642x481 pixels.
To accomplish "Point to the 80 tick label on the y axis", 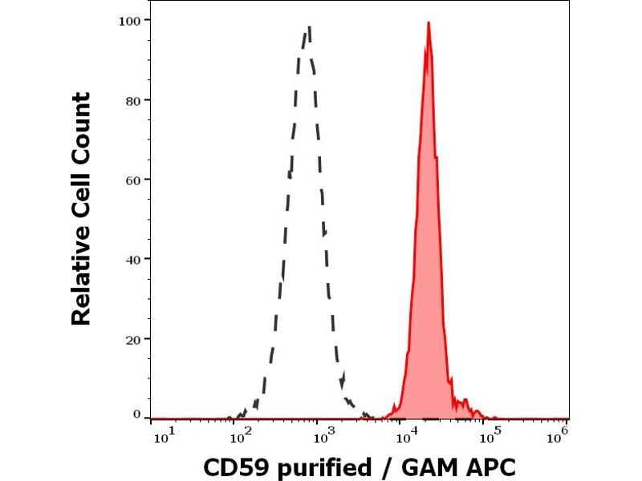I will (133, 100).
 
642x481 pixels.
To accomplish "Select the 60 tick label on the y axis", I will (133, 180).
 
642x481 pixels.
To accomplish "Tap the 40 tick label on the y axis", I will (133, 259).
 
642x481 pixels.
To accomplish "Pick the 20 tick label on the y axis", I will (133, 338).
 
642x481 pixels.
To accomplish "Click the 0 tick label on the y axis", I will (136, 414).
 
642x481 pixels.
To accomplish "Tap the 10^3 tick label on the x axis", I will (323, 435).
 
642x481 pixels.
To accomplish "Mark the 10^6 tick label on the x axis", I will (557, 435).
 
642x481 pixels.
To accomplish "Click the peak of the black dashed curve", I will (308, 28).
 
